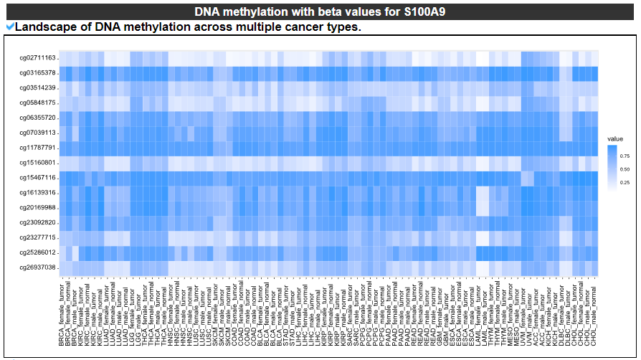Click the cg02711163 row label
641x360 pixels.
(37, 57)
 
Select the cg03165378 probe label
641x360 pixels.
(37, 72)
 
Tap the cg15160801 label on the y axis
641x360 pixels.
(37, 163)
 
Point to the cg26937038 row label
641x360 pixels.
(37, 267)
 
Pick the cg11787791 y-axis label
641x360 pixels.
(37, 148)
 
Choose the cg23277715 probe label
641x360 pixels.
(37, 237)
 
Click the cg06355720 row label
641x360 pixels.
(37, 118)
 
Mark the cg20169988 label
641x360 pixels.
(37, 207)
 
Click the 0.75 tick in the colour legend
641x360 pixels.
(625, 155)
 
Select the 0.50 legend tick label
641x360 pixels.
(625, 169)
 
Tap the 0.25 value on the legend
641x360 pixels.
(625, 184)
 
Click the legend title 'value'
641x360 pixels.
(614, 138)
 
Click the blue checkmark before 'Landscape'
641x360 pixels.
(9, 27)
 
